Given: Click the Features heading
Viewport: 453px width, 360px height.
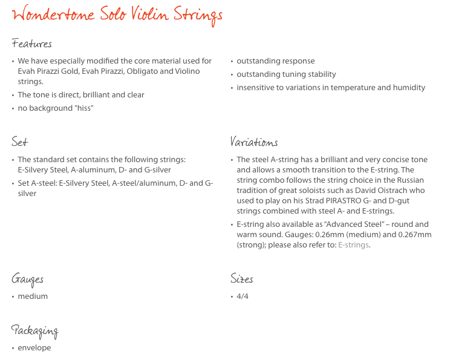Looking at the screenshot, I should coord(31,44).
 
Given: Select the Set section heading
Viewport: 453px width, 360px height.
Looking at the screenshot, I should coord(19,142).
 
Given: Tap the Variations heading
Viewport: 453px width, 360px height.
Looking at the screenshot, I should coord(254,142).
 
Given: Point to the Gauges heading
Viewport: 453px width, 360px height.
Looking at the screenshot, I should coord(27,280).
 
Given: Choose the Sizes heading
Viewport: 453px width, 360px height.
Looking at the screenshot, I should coord(241,279).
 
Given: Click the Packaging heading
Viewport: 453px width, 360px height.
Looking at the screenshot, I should coord(34,330).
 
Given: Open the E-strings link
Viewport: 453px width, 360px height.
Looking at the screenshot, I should coord(354,245).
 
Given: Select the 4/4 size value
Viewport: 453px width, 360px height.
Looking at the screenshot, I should coord(243,296).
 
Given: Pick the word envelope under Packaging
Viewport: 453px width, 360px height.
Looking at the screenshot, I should coord(34,348).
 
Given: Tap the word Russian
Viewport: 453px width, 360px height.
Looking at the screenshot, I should coord(409,180).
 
